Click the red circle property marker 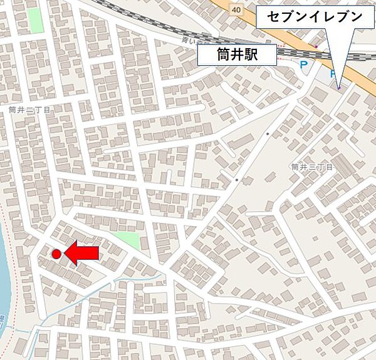(x=56, y=254)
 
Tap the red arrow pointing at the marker (x=83, y=254)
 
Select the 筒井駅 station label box (x=237, y=56)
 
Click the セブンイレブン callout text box (x=314, y=17)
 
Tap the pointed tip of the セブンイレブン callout (x=339, y=87)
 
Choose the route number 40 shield (x=235, y=9)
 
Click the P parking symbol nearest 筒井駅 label (x=304, y=65)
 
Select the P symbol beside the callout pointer (x=332, y=73)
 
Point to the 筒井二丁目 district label (x=29, y=109)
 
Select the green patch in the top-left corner (x=36, y=21)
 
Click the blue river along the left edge (x=5, y=275)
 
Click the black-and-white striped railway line (x=157, y=25)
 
